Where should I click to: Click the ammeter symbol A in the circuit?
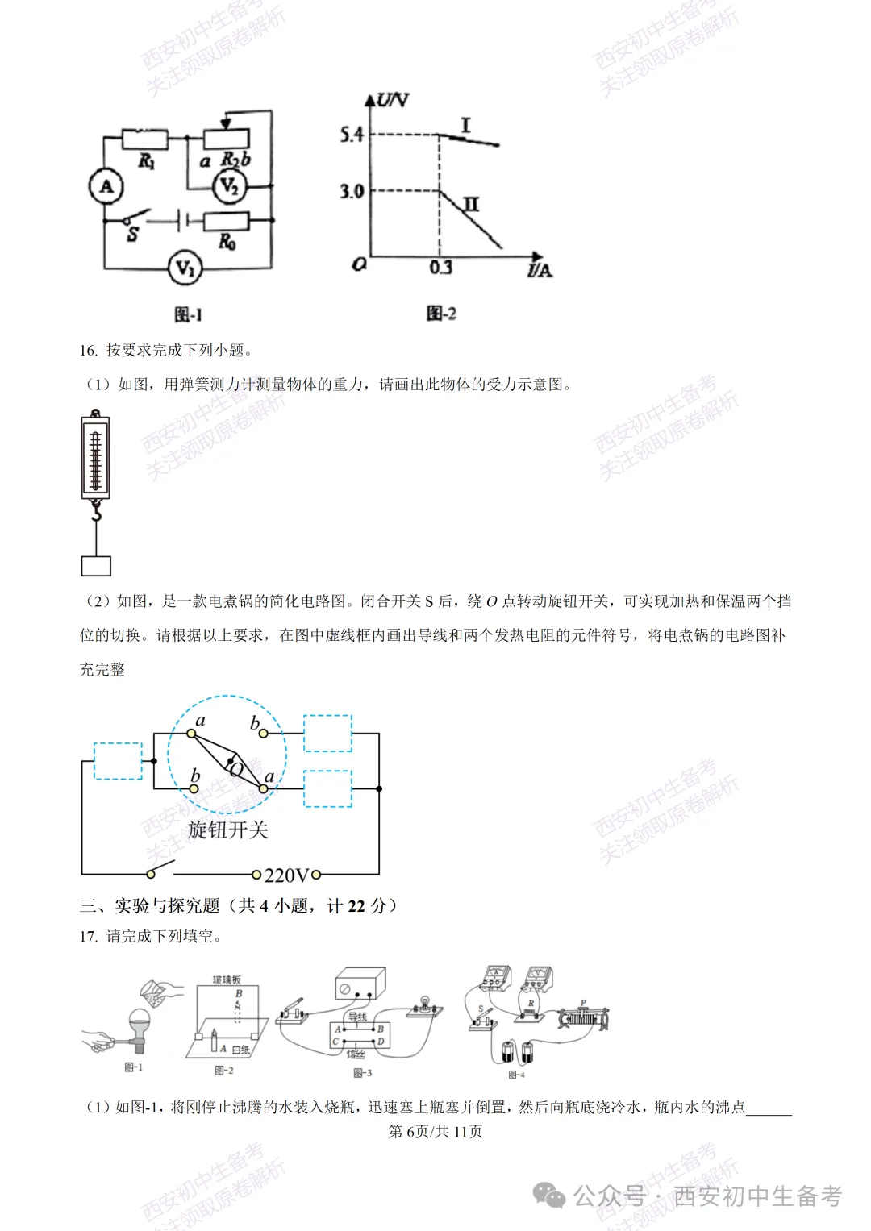(106, 187)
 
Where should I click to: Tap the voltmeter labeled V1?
(185, 268)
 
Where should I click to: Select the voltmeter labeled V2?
(229, 187)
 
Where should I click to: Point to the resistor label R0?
(227, 241)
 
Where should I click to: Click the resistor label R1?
(146, 160)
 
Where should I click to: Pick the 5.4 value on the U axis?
(352, 135)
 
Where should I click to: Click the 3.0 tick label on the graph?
(352, 192)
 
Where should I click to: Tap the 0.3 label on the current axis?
(440, 268)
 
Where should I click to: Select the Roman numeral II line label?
(471, 203)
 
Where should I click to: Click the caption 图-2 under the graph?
(441, 314)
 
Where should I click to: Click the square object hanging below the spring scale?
(96, 566)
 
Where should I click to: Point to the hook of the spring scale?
(96, 511)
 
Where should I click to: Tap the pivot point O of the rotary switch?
(231, 761)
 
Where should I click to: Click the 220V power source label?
(286, 875)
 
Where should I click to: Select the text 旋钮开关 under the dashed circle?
(227, 830)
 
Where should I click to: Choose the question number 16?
(88, 351)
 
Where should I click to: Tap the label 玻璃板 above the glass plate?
(227, 979)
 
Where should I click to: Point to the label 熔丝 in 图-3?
(356, 1054)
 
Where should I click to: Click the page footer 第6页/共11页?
(435, 1132)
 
